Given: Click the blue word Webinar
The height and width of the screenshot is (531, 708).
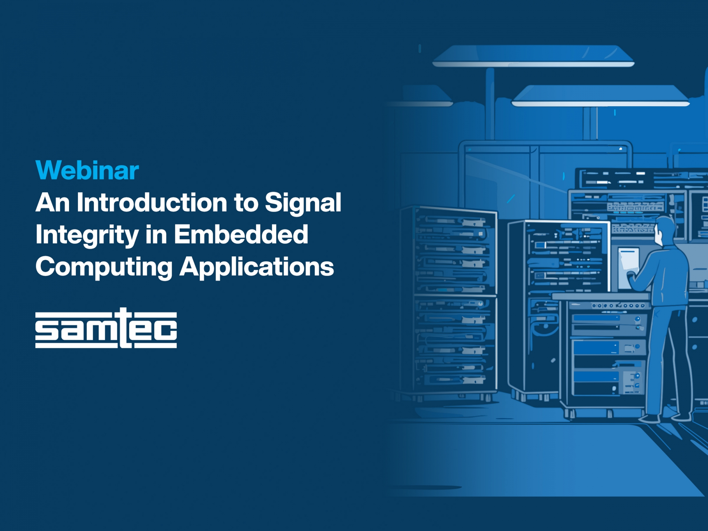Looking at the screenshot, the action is pos(87,170).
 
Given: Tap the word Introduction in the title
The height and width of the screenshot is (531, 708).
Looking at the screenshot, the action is pos(152,202).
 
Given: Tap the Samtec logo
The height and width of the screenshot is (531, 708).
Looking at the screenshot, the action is pos(106,328).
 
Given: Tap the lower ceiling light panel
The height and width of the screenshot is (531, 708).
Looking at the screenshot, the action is pos(601,96).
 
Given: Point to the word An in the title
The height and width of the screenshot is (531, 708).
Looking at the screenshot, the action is pos(52,202).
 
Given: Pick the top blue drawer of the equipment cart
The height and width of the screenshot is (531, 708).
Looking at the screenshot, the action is pos(596,318).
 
